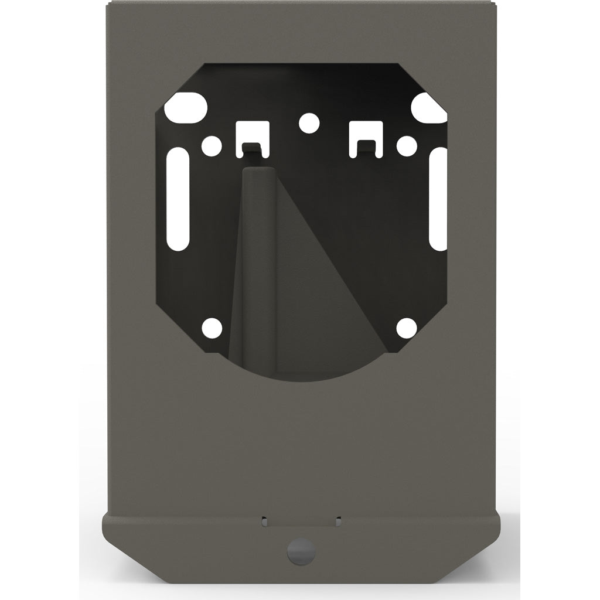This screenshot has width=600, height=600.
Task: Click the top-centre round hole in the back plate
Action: tap(309, 123)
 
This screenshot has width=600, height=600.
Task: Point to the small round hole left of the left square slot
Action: tap(212, 144)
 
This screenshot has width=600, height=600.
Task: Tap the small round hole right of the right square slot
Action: tap(405, 144)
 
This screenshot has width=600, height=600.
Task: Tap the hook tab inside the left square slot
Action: tap(251, 147)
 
